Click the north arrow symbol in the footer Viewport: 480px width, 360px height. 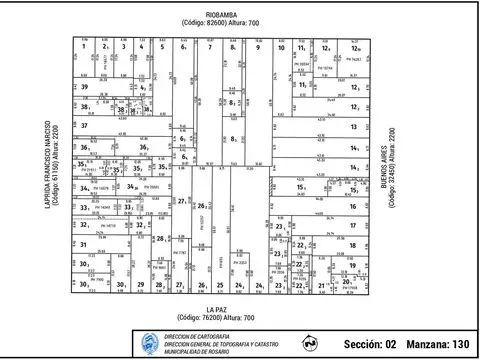[x=310, y=342]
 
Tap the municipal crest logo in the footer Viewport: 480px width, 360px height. [x=150, y=342]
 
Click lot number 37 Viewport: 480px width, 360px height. [x=85, y=126]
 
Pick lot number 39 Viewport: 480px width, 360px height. [x=85, y=87]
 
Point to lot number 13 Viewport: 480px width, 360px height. [x=354, y=127]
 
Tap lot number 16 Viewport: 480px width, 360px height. [x=353, y=206]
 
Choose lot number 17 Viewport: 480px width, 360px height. [x=353, y=225]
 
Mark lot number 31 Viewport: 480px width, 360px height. [x=85, y=245]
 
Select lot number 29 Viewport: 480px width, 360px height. [x=141, y=285]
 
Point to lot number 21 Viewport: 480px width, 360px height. [x=321, y=286]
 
